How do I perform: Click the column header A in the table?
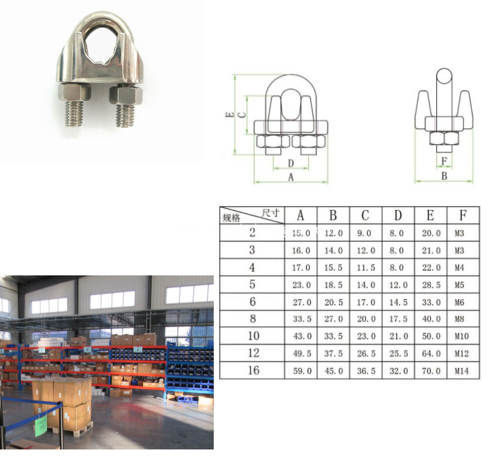(x=300, y=216)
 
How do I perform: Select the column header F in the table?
(x=463, y=216)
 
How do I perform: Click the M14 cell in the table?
(x=463, y=371)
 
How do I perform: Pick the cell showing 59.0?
(x=300, y=371)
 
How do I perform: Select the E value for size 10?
(x=430, y=336)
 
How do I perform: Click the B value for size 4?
(x=333, y=267)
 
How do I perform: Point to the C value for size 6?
(x=366, y=302)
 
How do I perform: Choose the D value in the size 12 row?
(x=398, y=354)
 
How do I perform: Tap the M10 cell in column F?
(x=463, y=336)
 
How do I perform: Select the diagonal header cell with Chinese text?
(x=252, y=216)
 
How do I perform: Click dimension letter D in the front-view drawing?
(x=291, y=163)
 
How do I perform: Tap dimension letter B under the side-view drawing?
(x=444, y=176)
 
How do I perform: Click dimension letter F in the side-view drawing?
(x=444, y=161)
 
